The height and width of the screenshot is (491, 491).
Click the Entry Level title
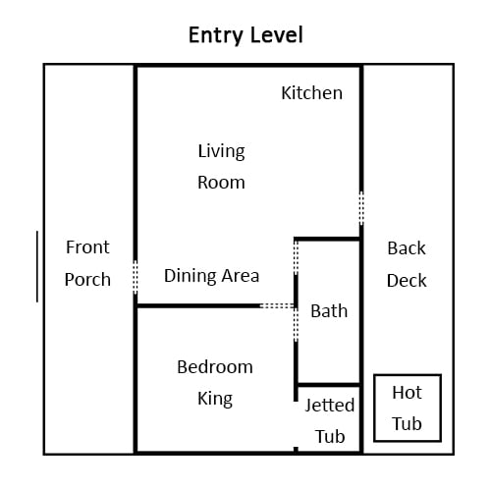(245, 35)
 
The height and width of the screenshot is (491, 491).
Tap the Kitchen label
(312, 93)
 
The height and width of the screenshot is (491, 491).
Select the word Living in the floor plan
(221, 151)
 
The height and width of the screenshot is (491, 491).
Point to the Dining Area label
(211, 276)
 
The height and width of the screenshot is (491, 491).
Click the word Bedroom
(215, 367)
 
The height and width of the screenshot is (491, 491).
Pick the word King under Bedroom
(215, 399)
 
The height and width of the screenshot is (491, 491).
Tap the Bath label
(329, 311)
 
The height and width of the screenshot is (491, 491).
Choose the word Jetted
(330, 405)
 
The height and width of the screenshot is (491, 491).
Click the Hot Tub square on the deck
(408, 375)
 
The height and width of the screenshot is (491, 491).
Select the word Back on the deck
(407, 248)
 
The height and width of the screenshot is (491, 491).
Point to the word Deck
(407, 281)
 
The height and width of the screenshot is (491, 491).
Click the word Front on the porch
(87, 247)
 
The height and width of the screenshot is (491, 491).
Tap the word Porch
(87, 280)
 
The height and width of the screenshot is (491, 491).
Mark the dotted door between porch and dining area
(136, 277)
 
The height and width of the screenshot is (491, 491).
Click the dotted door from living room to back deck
(361, 208)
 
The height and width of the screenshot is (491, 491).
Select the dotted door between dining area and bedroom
(278, 306)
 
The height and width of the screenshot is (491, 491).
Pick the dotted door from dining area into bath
(296, 257)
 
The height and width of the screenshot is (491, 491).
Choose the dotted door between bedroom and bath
(296, 324)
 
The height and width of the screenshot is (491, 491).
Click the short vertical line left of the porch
(37, 266)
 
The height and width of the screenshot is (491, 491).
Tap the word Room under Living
(221, 183)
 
